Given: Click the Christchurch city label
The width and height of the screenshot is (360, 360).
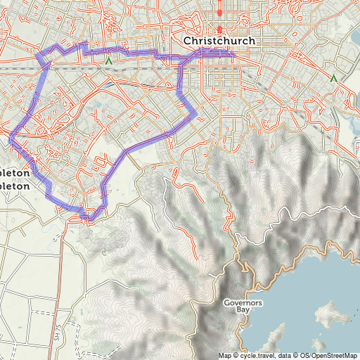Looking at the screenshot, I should [219, 41].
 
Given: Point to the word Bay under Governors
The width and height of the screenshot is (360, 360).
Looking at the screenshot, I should [243, 310].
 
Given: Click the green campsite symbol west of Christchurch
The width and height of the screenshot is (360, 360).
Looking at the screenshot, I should [108, 62].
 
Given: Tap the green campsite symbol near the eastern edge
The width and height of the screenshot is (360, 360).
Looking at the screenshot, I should [333, 79].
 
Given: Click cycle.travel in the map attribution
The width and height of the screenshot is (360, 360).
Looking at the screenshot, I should [256, 355].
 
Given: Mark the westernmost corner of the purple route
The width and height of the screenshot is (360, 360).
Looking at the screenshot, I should [11, 139].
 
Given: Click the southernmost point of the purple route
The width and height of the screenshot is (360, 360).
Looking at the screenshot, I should [88, 219].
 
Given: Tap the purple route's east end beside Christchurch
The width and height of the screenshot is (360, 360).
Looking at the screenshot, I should [233, 52].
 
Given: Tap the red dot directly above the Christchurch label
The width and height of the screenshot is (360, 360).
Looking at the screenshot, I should [219, 29].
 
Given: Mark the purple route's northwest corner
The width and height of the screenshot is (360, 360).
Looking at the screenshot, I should [39, 55].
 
